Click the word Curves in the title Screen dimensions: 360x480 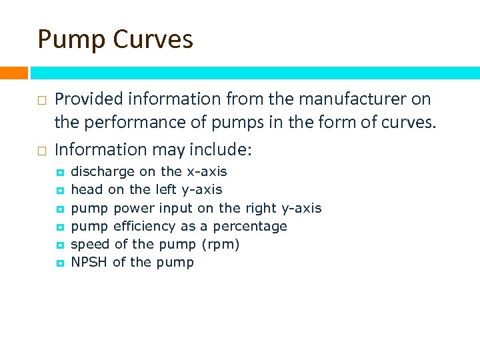click(153, 39)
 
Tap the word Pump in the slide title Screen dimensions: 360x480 click(71, 39)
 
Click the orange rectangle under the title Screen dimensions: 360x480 click(13, 73)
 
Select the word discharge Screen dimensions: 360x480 click(103, 172)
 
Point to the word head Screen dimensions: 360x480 click(87, 190)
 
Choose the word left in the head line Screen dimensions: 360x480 click(167, 190)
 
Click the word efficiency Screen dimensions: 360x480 click(145, 226)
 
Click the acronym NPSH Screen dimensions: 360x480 click(89, 262)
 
